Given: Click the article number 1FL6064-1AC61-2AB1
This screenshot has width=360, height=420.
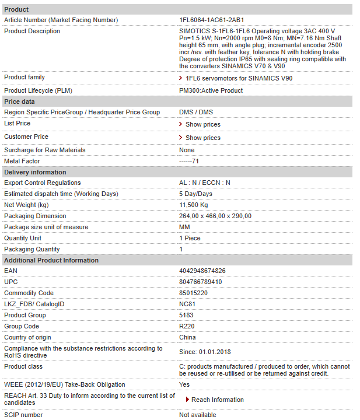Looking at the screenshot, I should [211, 20].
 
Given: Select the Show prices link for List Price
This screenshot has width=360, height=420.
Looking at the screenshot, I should [202, 124].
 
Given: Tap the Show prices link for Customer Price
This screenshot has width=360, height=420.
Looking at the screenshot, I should [202, 138].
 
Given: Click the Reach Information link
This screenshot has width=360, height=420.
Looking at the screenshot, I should [217, 400].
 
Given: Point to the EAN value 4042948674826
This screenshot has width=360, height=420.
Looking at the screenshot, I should [202, 271].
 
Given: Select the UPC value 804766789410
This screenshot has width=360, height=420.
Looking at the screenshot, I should [200, 282].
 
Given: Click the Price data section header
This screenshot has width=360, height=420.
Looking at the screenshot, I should [19, 101].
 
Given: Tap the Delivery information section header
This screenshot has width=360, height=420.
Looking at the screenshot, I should [35, 172].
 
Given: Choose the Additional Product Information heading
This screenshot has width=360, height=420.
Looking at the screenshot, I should [51, 260].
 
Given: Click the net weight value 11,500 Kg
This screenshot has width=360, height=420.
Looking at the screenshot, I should [193, 205].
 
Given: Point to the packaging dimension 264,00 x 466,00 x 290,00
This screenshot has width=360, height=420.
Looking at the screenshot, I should [215, 216].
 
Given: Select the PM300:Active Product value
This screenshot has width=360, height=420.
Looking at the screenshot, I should [211, 90].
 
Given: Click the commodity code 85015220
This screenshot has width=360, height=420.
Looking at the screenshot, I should [193, 293].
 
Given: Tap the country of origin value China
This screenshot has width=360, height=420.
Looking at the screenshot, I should [187, 337].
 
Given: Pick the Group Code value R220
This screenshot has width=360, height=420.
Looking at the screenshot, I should [186, 326].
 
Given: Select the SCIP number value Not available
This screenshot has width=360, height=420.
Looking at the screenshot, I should [197, 415].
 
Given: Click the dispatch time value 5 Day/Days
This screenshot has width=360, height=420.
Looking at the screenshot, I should [195, 194].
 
